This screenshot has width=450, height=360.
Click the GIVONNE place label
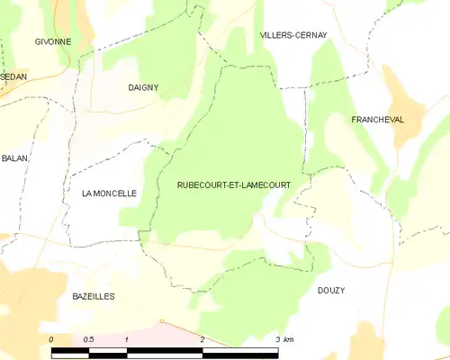[x=53, y=42]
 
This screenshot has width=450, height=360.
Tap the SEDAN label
[x=13, y=77]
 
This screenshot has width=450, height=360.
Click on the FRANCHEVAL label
[x=377, y=119]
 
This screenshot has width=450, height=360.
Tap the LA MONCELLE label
[x=109, y=193]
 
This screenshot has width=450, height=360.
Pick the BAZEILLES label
[x=94, y=295]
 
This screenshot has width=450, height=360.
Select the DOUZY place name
[x=331, y=290]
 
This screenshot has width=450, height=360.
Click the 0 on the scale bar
[x=52, y=339]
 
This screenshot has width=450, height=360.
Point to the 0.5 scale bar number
[x=88, y=339]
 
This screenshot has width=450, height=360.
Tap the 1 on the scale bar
[x=128, y=339]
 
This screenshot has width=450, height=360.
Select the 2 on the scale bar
[x=203, y=339]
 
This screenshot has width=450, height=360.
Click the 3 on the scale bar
[x=277, y=339]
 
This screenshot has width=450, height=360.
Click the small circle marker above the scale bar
[x=161, y=321]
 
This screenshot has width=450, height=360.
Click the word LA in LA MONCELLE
[x=87, y=193]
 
